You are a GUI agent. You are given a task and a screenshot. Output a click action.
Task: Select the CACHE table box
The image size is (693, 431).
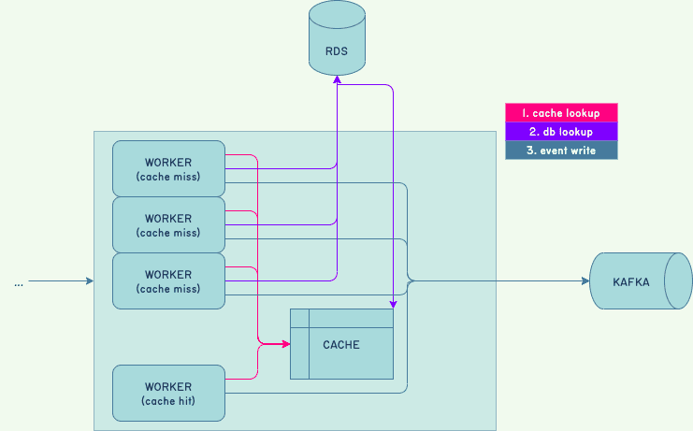pos(341,343)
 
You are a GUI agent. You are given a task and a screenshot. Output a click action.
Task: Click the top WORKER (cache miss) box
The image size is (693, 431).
pos(168,168)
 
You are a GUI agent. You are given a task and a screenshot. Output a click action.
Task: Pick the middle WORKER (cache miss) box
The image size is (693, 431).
pos(168,224)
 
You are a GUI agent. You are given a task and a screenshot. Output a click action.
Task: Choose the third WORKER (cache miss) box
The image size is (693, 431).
pos(168,280)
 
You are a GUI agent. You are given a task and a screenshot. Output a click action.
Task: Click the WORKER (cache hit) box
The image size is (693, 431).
pos(168,393)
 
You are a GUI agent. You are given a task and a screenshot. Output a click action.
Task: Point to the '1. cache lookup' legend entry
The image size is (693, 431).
pos(561,112)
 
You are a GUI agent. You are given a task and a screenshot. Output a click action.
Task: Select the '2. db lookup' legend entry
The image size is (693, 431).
pos(561,132)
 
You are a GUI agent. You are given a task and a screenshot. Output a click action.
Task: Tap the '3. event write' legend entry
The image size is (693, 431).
pos(561,151)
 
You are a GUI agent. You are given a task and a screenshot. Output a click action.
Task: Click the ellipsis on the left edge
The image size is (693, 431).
pos(19,281)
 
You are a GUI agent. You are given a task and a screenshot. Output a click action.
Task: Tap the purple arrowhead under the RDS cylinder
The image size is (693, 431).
pos(337,80)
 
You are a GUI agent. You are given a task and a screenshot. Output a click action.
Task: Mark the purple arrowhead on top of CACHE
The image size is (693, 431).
pos(393,304)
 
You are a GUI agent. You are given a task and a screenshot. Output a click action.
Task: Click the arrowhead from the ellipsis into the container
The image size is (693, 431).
pos(90,280)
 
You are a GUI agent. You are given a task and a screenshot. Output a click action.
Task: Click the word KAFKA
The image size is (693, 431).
pos(631,281)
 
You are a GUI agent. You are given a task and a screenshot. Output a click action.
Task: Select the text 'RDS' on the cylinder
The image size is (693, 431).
pos(337,51)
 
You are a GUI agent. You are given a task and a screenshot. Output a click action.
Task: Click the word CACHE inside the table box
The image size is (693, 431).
pos(341,345)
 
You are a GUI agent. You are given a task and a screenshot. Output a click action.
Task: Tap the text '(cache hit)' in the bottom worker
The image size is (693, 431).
pos(168,401)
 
